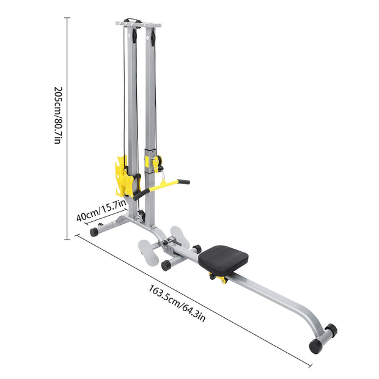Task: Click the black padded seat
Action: (x=223, y=259)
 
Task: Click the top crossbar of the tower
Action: (x=138, y=24)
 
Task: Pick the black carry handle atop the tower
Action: (x=133, y=20)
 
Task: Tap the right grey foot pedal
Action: (x=180, y=236)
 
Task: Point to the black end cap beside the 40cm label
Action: (x=94, y=232)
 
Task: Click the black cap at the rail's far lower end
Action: (x=315, y=346)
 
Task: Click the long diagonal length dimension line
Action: (x=183, y=293)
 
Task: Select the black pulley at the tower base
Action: (x=142, y=215)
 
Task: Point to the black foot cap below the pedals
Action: (x=165, y=265)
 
